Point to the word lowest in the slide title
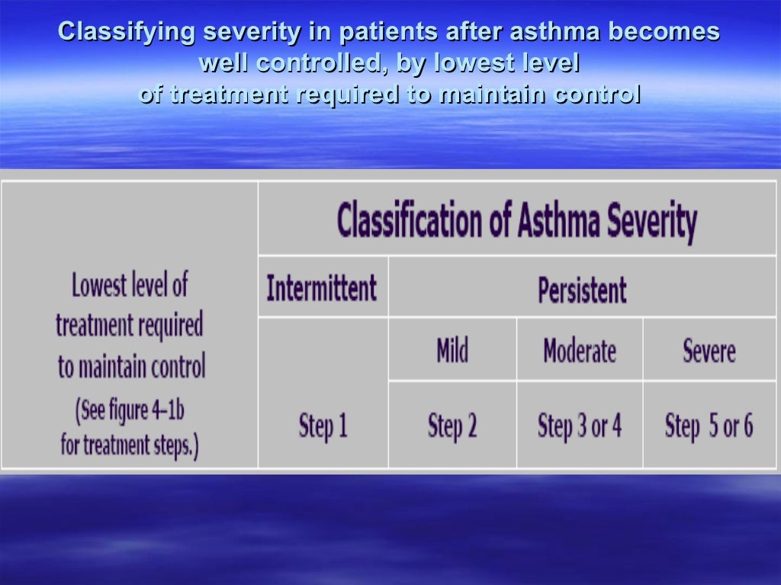pos(468,63)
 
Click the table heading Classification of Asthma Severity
pos(516,220)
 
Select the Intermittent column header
pos(321,289)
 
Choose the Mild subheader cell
pos(452,351)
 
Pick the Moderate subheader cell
pos(580,351)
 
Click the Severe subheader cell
pos(709,351)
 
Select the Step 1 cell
pos(323,425)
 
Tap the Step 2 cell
pos(452,425)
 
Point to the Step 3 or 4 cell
pos(580,425)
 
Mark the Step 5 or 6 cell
pos(709,425)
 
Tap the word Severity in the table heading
pos(652,220)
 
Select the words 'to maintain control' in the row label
pos(131,367)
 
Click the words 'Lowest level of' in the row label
pos(129,286)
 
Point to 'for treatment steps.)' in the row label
pos(129,444)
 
